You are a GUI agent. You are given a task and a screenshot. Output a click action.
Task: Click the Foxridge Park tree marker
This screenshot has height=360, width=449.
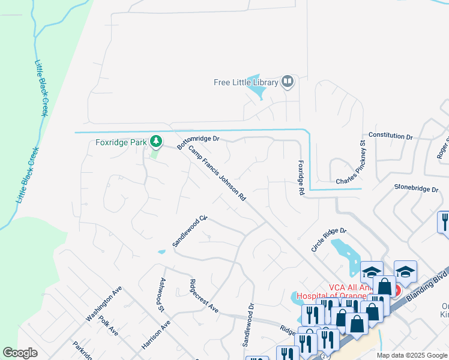pos(156,142)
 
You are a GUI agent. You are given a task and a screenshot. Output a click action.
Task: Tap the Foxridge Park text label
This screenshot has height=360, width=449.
pos(122,143)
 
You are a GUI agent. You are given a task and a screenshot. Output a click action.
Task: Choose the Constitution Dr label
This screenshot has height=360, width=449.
pos(391,137)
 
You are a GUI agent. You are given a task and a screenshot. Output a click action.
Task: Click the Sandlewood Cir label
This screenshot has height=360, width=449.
pos(189,231)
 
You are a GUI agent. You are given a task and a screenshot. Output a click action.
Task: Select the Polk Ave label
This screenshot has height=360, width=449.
pos(109,326)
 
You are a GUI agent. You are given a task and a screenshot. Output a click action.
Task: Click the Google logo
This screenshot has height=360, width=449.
pos(20,353)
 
